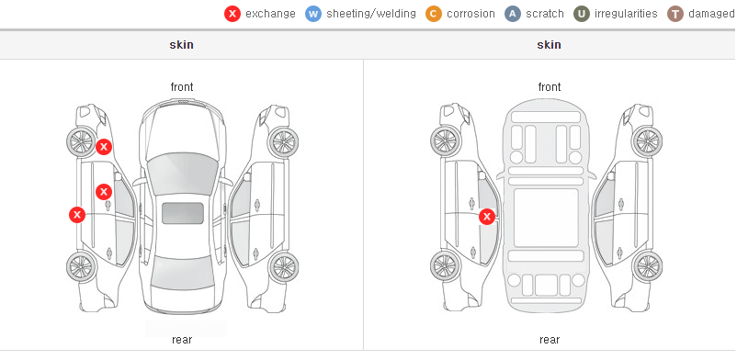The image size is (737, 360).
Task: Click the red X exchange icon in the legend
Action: click(x=232, y=14)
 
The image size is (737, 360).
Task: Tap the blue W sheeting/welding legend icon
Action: click(x=313, y=14)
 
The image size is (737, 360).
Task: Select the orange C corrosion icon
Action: click(x=434, y=14)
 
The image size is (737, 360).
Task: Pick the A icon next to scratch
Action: click(x=513, y=14)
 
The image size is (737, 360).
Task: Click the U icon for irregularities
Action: click(x=582, y=14)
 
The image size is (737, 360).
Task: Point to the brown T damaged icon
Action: click(x=675, y=14)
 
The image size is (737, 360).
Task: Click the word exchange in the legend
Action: click(x=270, y=14)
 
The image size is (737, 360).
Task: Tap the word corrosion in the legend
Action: click(x=471, y=14)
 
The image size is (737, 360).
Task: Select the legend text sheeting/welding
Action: click(x=371, y=14)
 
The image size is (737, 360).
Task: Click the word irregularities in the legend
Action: click(x=626, y=14)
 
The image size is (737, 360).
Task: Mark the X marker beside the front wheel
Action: click(x=104, y=147)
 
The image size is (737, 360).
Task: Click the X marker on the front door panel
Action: click(x=104, y=192)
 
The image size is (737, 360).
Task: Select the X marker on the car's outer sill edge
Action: click(x=77, y=215)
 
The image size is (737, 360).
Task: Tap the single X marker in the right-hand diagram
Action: click(x=487, y=217)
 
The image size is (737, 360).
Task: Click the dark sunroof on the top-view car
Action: click(x=182, y=213)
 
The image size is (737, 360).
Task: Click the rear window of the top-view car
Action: click(x=182, y=273)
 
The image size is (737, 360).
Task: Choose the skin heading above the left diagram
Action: click(x=181, y=45)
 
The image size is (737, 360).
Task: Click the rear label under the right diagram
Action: click(x=550, y=339)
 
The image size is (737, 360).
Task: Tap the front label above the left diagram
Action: click(x=182, y=87)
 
